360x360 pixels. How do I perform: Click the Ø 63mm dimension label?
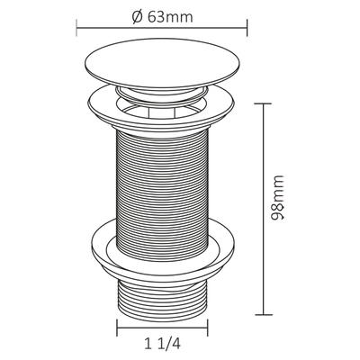[162, 17]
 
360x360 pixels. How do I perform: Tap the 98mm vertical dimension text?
[277, 198]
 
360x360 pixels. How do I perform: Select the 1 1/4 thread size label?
[163, 343]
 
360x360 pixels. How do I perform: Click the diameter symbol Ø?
[137, 18]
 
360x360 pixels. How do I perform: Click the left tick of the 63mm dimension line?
[76, 28]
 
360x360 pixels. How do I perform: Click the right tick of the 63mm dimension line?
[247, 28]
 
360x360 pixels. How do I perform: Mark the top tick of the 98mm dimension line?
[263, 103]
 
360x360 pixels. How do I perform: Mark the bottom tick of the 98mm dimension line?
[264, 315]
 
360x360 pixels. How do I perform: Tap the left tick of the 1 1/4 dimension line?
[117, 328]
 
